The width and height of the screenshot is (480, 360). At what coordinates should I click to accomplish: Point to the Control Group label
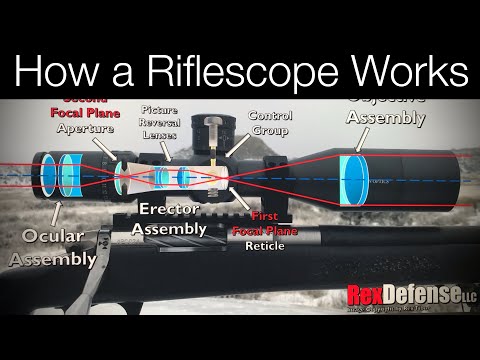point(269,121)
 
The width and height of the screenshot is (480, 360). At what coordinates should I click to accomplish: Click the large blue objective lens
point(354,181)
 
